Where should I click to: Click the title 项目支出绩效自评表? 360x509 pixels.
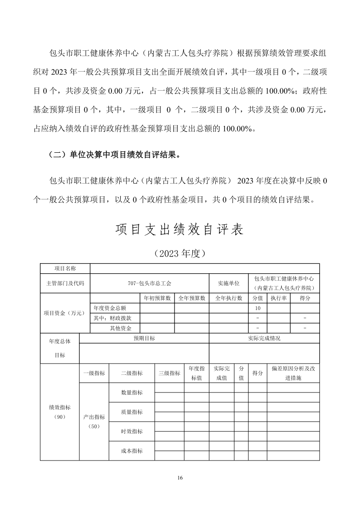pos(180,230)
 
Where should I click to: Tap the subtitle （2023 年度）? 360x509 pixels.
pos(180,253)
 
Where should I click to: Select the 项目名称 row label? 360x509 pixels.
pos(65,269)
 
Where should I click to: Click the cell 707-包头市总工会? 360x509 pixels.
pos(150,283)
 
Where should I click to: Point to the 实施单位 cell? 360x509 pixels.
pos(229,283)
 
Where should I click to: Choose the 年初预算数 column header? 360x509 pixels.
pos(157,298)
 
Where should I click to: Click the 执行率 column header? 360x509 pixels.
pos(278,298)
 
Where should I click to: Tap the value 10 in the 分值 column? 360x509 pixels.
pos(258,308)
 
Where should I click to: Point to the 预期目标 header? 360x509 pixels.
pos(144,339)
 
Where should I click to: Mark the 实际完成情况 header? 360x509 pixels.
pos(264,339)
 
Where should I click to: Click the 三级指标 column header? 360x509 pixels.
pos(169,373)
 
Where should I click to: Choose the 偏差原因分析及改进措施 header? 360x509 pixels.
pos(293,373)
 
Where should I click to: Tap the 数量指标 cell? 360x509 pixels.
pos(131,393)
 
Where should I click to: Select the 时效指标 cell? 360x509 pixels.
pos(131,431)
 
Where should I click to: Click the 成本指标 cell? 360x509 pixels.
pos(131,451)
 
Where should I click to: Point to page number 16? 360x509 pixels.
pos(180,478)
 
